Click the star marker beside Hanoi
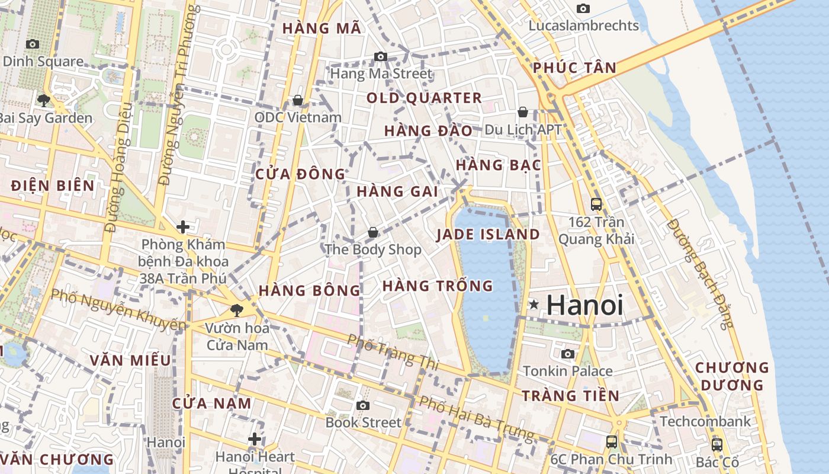tap(534, 305)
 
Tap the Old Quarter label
tap(424, 98)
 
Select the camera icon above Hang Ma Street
tap(381, 57)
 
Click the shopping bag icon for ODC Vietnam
tap(298, 100)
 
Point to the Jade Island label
tap(488, 235)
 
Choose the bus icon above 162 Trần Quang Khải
tap(596, 204)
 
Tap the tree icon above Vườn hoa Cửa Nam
tap(236, 310)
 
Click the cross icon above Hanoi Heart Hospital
tap(255, 439)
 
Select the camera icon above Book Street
tap(363, 405)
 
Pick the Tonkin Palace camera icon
tap(568, 354)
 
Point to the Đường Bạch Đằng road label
tap(700, 273)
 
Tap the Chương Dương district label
tap(732, 376)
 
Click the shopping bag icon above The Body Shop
tap(373, 232)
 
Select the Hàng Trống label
tap(438, 286)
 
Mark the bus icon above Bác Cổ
tap(716, 444)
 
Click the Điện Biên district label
tap(53, 185)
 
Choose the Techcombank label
tap(705, 421)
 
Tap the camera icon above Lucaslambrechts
tap(583, 8)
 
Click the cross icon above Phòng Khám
tap(183, 227)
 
